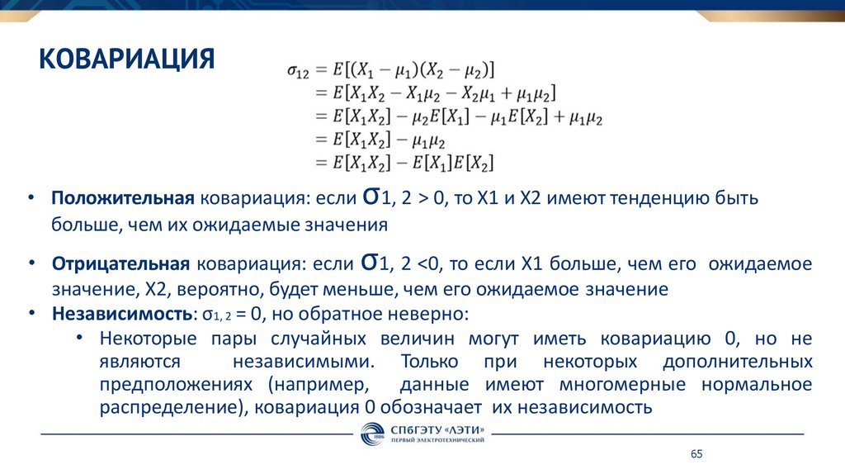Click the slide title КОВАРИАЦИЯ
(128, 59)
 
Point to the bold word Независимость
(121, 314)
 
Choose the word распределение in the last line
(169, 408)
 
